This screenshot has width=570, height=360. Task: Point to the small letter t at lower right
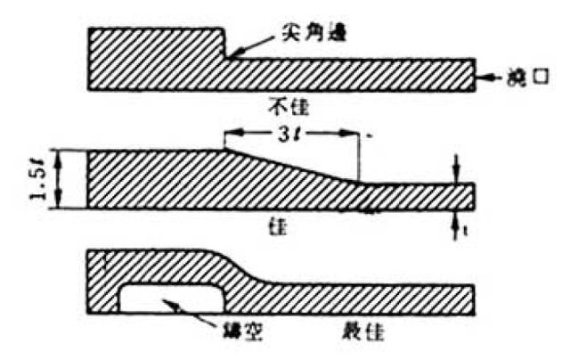pyautogui.click(x=455, y=229)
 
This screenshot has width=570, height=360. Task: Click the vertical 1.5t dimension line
pyautogui.click(x=59, y=181)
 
